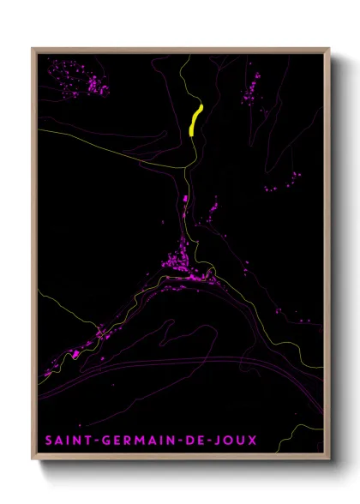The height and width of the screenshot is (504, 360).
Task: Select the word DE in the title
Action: pos(194,440)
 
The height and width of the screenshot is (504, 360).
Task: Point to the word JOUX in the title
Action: pos(234,440)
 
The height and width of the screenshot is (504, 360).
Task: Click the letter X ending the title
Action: pos(251,440)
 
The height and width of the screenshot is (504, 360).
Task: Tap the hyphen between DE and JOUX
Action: pos(208,440)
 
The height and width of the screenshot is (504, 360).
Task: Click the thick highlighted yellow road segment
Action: pos(195,120)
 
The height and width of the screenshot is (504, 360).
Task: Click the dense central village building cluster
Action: pos(183,261)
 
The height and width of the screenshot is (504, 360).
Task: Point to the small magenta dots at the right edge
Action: pos(291,179)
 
